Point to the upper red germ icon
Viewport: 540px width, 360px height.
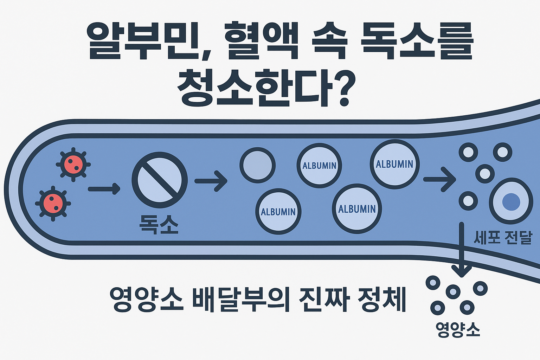pyautogui.click(x=73, y=164)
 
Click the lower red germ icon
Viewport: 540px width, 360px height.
pyautogui.click(x=53, y=204)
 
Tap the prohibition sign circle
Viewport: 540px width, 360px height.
pyautogui.click(x=160, y=180)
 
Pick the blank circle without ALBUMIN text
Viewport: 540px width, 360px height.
pyautogui.click(x=257, y=165)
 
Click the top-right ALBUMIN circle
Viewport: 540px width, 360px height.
pyautogui.click(x=394, y=164)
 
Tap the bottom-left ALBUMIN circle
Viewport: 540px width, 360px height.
pyautogui.click(x=278, y=211)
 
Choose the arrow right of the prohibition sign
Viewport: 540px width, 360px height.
pyautogui.click(x=211, y=181)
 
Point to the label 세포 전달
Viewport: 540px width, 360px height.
pyautogui.click(x=502, y=238)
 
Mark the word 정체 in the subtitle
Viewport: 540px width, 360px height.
pyautogui.click(x=381, y=300)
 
